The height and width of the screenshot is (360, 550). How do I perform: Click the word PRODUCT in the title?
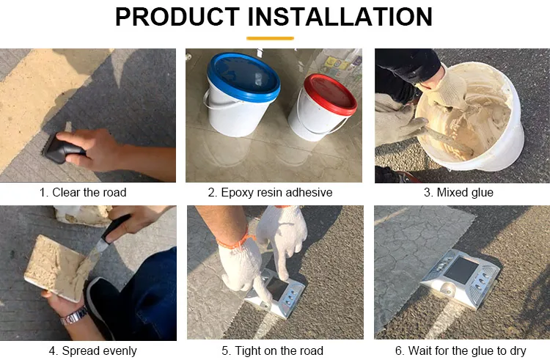coord(177,16)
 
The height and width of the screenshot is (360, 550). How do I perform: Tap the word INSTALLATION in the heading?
coord(340,16)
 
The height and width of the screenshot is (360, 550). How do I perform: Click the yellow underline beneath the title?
coord(270,38)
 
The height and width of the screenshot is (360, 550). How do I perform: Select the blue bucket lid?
coord(243,77)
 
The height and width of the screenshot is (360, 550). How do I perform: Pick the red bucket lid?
coord(330,95)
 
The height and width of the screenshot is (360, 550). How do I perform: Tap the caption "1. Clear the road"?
coord(83,192)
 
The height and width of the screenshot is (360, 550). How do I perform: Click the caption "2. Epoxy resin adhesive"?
coord(270,192)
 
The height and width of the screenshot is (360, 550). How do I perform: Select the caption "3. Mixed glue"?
coord(458,192)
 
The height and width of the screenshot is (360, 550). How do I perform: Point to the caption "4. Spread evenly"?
coord(92,350)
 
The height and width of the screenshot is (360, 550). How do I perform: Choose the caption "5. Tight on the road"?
coord(272,350)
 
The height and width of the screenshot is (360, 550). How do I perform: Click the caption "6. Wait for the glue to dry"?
coord(461,350)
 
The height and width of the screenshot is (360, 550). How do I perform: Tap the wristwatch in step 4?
coord(74,316)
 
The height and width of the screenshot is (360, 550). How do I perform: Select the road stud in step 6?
coord(460,279)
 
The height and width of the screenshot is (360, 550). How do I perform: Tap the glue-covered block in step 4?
coord(56,268)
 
